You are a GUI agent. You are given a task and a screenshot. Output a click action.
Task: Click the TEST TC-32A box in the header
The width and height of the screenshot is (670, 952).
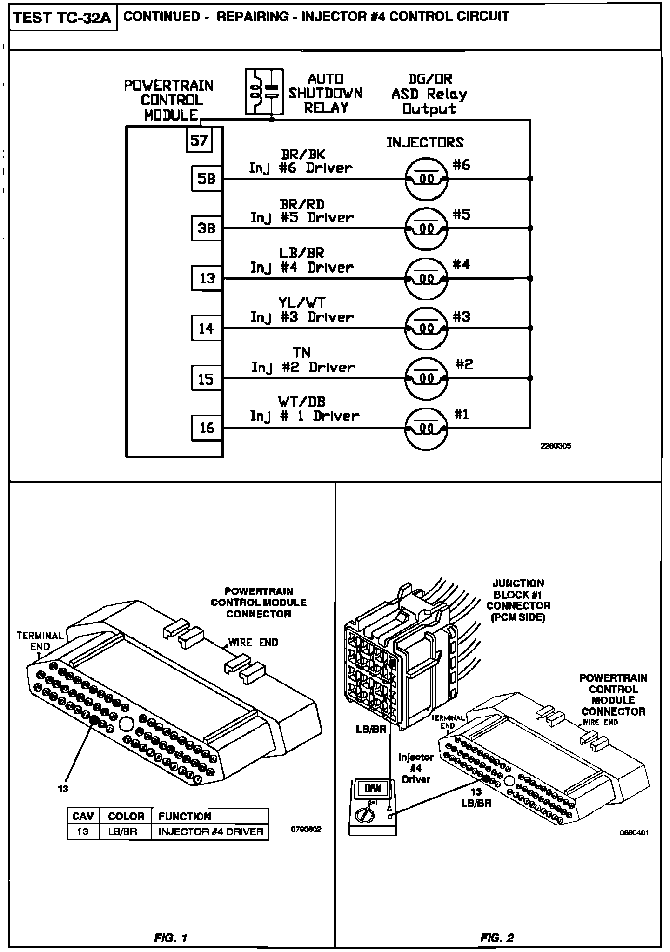pos(62,18)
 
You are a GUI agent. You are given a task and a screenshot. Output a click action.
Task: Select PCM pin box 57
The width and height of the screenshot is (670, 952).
pos(199,140)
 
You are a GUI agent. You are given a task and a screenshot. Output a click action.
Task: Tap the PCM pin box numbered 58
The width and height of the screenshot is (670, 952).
pos(207,178)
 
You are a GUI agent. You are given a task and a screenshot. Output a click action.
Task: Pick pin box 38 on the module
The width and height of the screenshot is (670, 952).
pos(207,228)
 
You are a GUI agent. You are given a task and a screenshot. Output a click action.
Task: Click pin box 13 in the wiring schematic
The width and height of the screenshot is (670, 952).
pos(207,278)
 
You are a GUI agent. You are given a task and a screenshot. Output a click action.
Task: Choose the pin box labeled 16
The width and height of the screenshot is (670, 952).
pos(207,428)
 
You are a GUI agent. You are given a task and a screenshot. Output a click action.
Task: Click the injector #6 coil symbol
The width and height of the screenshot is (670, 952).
pos(426,179)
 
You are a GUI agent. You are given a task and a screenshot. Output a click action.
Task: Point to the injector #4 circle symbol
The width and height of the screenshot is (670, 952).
pos(426,279)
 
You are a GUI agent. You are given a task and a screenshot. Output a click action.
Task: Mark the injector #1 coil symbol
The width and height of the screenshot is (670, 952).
pos(426,428)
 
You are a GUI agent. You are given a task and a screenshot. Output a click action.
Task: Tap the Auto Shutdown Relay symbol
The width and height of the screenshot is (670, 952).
pos(264,92)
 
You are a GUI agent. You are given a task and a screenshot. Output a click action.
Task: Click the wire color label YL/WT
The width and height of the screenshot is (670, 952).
pos(302,302)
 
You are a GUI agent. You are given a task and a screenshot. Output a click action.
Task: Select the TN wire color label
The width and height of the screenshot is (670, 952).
pos(302,353)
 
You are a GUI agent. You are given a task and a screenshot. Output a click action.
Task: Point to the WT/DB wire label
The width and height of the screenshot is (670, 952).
pos(302,402)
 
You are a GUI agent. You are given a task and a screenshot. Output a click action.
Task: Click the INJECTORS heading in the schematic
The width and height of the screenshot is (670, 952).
pos(425,142)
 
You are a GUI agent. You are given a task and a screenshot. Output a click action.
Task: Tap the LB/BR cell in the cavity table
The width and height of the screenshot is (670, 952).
pos(125,831)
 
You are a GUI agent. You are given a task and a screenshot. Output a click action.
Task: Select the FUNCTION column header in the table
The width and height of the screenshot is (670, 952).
pos(185,816)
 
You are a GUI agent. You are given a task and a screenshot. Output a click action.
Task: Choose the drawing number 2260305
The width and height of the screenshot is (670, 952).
pos(556,446)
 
